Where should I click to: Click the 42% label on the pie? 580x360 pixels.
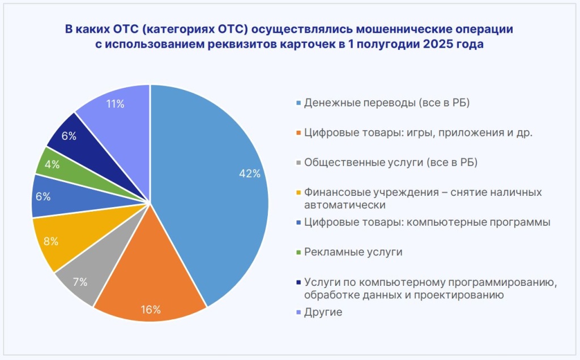pyautogui.click(x=250, y=174)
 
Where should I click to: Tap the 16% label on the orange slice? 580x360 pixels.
pyautogui.click(x=151, y=309)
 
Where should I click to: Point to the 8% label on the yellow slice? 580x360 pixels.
pyautogui.click(x=51, y=241)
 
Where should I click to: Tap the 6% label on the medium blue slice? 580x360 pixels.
pyautogui.click(x=43, y=196)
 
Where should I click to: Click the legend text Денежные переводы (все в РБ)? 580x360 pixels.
pyautogui.click(x=387, y=104)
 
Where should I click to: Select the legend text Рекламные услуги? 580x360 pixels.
pyautogui.click(x=353, y=252)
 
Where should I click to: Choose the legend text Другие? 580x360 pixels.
pyautogui.click(x=323, y=312)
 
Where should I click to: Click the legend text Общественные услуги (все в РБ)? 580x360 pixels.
pyautogui.click(x=391, y=163)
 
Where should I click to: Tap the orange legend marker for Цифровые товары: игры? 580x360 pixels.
pyautogui.click(x=298, y=134)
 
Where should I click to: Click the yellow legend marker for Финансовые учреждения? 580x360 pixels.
pyautogui.click(x=298, y=192)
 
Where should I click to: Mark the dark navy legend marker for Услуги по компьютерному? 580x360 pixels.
pyautogui.click(x=298, y=282)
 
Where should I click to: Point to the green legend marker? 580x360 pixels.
pyautogui.click(x=298, y=252)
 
